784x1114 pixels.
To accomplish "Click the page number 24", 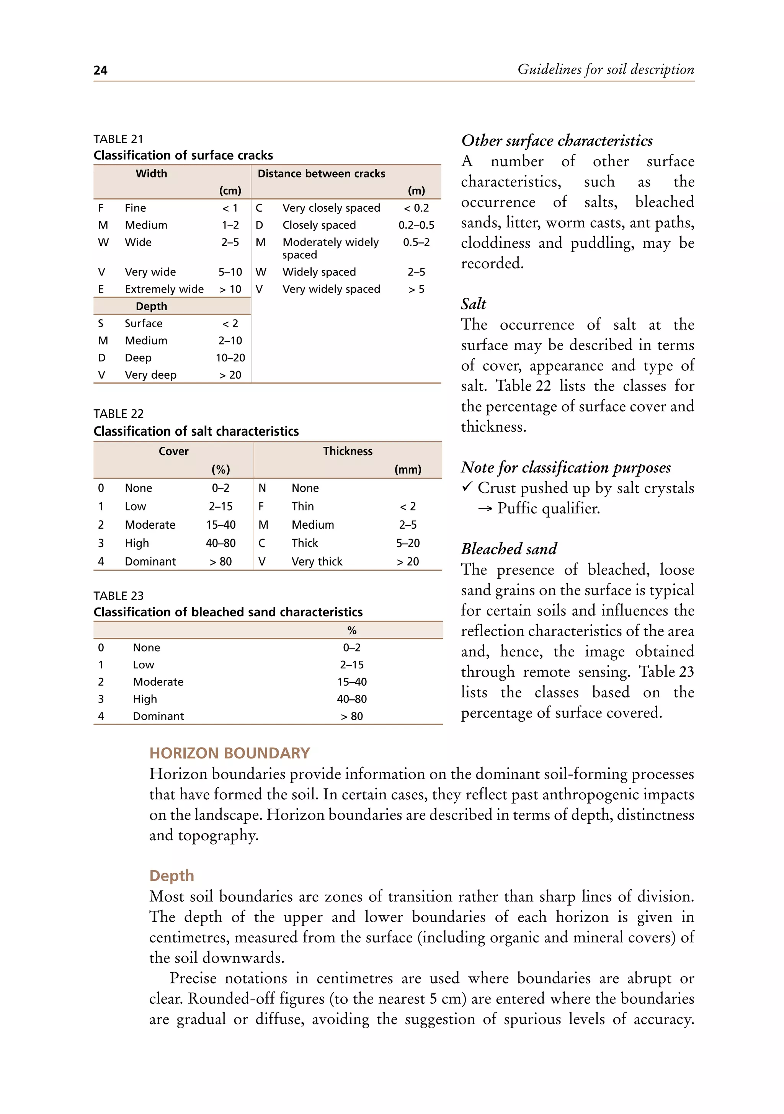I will pyautogui.click(x=100, y=70).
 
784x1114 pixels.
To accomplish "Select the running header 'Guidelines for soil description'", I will pyautogui.click(x=606, y=69).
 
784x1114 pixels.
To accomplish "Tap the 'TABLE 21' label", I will pyautogui.click(x=118, y=139).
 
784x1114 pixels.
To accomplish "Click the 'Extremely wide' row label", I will pyautogui.click(x=164, y=289).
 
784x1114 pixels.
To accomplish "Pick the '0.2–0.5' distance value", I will pyautogui.click(x=416, y=225).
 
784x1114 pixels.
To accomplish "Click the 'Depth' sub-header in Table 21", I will pyautogui.click(x=151, y=306).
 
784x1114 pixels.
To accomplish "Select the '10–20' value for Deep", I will pyautogui.click(x=230, y=358).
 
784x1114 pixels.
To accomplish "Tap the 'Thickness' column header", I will pyautogui.click(x=348, y=451).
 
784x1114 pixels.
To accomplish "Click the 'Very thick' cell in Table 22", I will pyautogui.click(x=317, y=561).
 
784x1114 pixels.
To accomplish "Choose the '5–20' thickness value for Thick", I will pyautogui.click(x=408, y=543).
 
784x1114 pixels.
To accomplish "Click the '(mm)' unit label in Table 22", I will pyautogui.click(x=408, y=470).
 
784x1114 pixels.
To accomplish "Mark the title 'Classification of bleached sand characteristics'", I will pyautogui.click(x=228, y=612).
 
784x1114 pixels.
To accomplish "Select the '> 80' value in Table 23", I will pyautogui.click(x=352, y=716).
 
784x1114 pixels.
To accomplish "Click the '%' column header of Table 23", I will pyautogui.click(x=352, y=630).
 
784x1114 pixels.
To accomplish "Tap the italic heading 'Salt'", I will pyautogui.click(x=474, y=304).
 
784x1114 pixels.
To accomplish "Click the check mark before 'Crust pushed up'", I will pyautogui.click(x=467, y=487).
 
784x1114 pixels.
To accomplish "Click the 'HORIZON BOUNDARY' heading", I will pyautogui.click(x=229, y=753).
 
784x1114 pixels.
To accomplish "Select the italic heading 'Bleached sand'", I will pyautogui.click(x=509, y=549).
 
